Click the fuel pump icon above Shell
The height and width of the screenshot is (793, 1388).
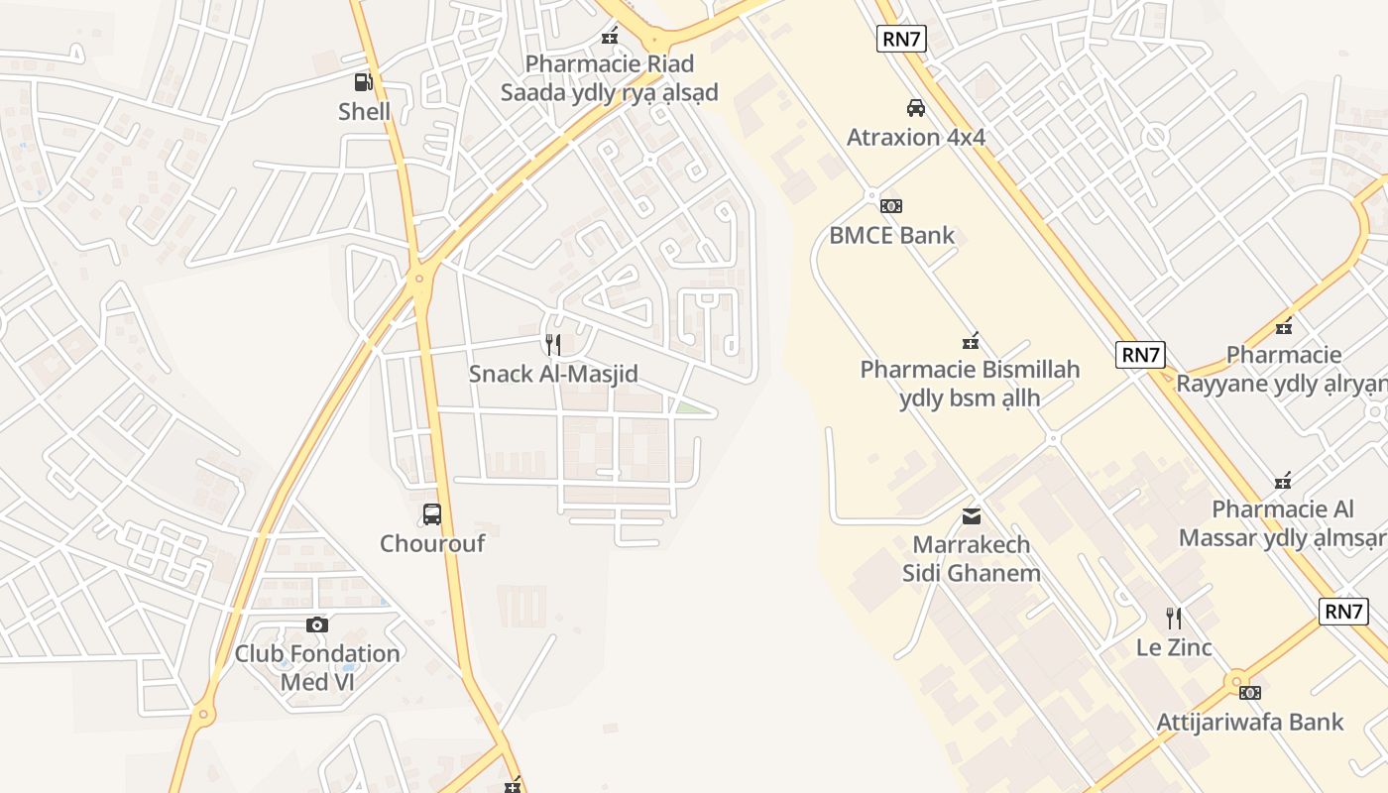[x=364, y=82]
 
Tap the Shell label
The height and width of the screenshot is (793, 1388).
[x=365, y=112]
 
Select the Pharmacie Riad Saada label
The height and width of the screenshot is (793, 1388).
[x=609, y=78]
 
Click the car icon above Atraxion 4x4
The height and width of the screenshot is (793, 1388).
[x=916, y=107]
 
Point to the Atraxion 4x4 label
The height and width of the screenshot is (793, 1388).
[x=916, y=137]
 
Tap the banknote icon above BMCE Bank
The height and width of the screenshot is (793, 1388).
[x=891, y=206]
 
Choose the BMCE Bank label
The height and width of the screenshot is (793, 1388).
[x=892, y=235]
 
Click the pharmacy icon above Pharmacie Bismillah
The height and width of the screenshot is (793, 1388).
[x=971, y=341]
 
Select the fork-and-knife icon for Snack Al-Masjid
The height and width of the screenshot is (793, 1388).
[x=553, y=345]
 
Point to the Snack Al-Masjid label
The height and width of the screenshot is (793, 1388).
[x=553, y=374]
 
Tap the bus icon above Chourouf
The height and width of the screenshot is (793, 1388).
[x=432, y=514]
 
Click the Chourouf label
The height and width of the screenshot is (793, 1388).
[x=432, y=543]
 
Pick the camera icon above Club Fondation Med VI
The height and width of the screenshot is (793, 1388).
[x=317, y=624]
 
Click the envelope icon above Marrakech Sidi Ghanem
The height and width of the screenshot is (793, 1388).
[x=972, y=515]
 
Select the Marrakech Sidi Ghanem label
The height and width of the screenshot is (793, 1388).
[x=972, y=559]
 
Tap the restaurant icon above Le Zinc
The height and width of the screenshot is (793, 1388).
[x=1174, y=619]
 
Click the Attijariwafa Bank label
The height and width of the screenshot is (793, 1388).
[x=1250, y=722]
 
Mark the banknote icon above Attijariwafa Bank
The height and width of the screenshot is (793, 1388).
[x=1250, y=692]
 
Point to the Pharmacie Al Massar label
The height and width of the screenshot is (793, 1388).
[x=1283, y=523]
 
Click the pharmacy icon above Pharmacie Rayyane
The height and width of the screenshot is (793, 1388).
[x=1284, y=325]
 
